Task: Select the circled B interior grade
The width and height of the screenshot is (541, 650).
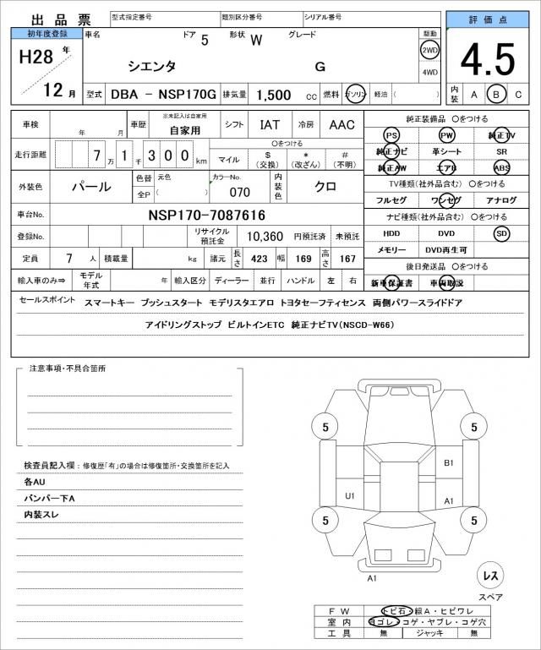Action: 497,94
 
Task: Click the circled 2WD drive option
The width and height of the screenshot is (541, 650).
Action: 429,50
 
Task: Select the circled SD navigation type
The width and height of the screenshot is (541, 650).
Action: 502,232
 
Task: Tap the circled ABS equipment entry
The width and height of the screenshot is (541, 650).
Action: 502,167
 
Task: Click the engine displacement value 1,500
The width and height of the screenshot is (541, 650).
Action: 273,95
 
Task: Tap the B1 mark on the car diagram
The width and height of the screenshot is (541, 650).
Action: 449,462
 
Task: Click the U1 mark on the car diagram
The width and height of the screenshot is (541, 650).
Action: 350,495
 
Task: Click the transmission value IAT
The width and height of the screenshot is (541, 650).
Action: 270,124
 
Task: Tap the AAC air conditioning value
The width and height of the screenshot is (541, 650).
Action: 342,124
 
